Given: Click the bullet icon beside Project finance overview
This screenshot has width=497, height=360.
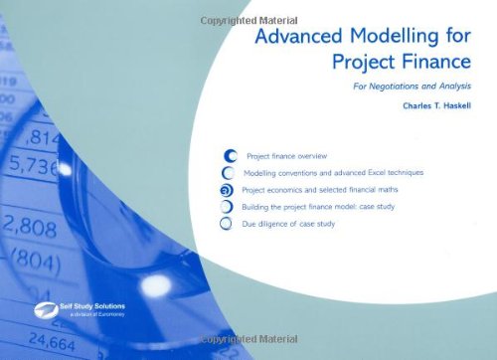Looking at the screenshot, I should [230, 156].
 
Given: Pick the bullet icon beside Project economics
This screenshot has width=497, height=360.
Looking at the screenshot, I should [228, 190].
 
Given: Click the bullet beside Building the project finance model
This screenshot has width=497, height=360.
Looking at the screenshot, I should [228, 207].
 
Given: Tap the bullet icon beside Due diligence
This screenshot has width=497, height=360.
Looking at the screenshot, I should [228, 224].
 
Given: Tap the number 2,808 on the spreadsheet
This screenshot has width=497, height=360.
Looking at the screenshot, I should [30, 227].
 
